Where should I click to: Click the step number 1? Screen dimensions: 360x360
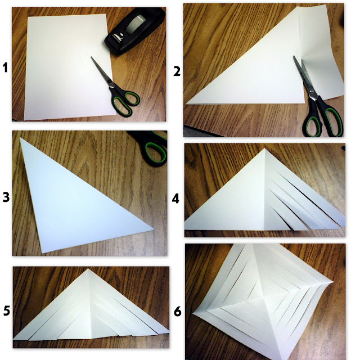(x=5, y=68)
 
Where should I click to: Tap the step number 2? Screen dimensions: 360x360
(x=177, y=71)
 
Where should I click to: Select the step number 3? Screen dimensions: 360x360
(x=6, y=197)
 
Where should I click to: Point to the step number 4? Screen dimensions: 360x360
(x=175, y=199)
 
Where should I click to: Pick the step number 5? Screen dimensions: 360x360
(x=7, y=311)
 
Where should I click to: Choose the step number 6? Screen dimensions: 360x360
(x=178, y=312)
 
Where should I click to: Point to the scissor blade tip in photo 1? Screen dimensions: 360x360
(x=92, y=57)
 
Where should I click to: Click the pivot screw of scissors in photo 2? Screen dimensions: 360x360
(x=312, y=91)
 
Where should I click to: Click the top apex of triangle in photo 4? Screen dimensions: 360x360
(x=264, y=148)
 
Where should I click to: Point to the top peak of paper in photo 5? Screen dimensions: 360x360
(x=88, y=269)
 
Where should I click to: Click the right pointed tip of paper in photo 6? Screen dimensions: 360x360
(x=332, y=281)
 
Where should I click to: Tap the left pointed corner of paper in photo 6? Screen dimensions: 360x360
(x=193, y=314)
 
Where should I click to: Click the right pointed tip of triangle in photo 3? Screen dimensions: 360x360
(x=153, y=229)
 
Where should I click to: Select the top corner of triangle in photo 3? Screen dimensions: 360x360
(x=21, y=138)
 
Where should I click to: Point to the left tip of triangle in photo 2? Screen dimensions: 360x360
(x=187, y=103)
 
